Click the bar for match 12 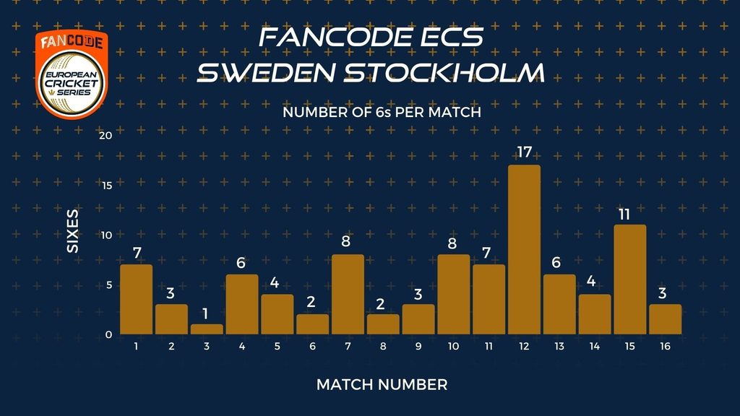525,249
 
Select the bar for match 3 207,329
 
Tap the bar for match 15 630,279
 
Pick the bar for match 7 348,295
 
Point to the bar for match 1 137,300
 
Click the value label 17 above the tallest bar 525,152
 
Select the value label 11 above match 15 624,214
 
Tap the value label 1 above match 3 205,313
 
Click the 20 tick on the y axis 106,135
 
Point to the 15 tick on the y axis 107,186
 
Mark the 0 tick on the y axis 109,334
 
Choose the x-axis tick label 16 665,346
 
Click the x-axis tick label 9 418,346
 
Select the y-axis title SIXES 73,231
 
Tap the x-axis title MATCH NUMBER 382,385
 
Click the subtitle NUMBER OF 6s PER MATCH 382,112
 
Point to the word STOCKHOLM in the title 444,73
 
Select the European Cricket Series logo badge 72,74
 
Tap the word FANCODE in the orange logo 72,42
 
